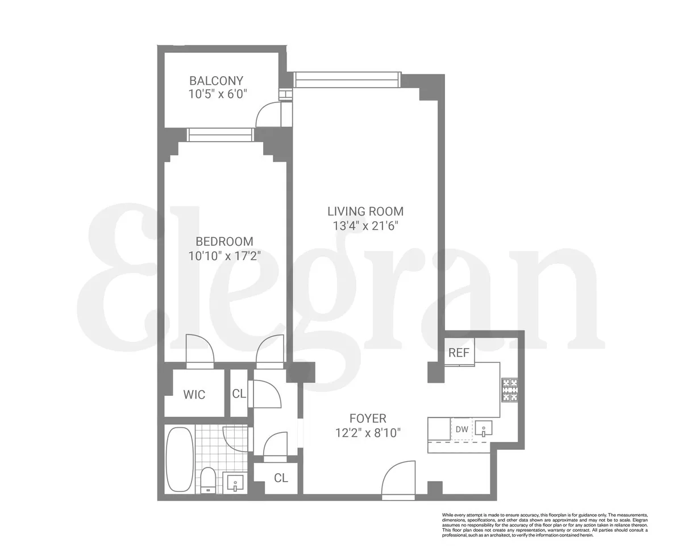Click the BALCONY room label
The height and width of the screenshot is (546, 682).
[216, 81]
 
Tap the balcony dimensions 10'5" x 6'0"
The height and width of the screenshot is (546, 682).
[218, 94]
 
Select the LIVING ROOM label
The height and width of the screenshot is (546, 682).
[365, 211]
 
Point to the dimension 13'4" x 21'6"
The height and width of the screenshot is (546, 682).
[365, 225]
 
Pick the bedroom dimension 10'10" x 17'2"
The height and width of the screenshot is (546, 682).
[224, 255]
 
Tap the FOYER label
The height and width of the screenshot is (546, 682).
[368, 419]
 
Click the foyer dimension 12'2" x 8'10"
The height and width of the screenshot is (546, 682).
[368, 433]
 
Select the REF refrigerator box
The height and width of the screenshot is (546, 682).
[459, 353]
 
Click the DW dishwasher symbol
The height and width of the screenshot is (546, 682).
[461, 429]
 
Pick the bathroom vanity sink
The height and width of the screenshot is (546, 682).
[235, 484]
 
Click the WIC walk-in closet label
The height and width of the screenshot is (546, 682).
[194, 394]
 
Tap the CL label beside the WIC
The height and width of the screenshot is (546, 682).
[239, 394]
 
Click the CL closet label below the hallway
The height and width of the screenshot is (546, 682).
[281, 478]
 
